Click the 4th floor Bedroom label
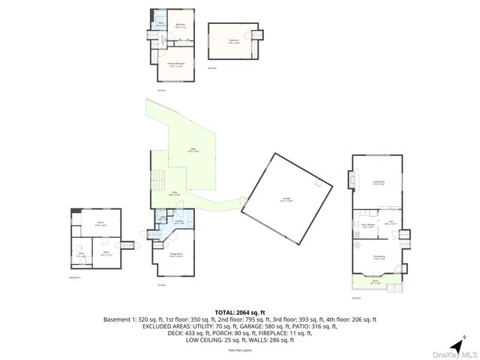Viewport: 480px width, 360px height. click(x=233, y=40)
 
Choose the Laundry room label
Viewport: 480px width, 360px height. click(x=179, y=222)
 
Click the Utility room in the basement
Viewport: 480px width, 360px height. click(x=81, y=256)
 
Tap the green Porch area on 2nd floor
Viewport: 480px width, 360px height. click(x=375, y=283)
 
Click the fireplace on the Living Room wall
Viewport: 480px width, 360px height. click(x=350, y=180)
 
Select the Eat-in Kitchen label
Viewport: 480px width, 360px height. click(x=367, y=224)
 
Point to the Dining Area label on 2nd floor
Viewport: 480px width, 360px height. click(x=379, y=257)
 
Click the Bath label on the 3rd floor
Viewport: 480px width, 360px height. click(x=160, y=25)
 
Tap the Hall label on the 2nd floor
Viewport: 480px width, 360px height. click(x=390, y=223)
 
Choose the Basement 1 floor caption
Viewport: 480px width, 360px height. click(x=74, y=277)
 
